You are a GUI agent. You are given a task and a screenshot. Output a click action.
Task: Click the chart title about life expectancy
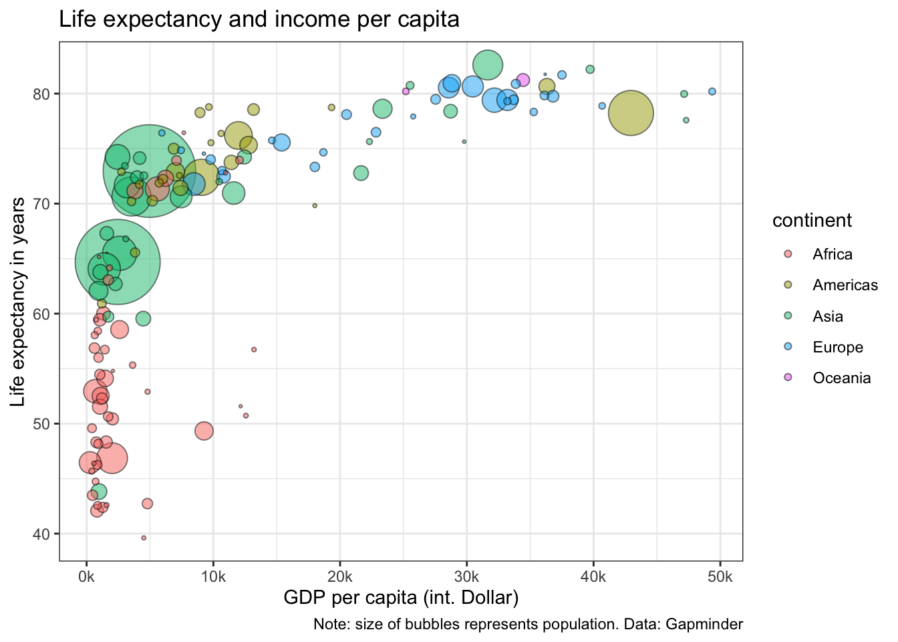point(259,19)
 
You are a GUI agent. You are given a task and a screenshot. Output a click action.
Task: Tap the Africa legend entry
point(832,254)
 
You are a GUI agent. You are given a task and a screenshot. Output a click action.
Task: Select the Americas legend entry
point(845,285)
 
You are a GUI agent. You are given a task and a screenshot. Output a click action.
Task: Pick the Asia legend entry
point(827,316)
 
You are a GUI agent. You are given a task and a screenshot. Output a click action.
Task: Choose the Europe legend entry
point(837,347)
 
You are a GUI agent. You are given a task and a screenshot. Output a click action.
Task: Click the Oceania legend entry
point(841,378)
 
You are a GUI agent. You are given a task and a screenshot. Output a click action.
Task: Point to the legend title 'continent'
point(812,221)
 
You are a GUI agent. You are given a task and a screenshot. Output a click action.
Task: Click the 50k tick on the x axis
point(720,577)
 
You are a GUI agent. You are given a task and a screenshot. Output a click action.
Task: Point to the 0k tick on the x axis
point(86,577)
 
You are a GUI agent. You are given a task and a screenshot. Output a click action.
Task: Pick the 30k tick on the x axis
point(466,577)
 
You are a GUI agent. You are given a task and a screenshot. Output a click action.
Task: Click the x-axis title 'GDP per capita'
point(401,597)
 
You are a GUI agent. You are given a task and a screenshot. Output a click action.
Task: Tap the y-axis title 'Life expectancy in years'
point(19,302)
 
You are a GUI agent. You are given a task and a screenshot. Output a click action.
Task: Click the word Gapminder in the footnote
point(704,625)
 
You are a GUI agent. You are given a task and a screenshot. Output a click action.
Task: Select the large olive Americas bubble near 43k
point(631,113)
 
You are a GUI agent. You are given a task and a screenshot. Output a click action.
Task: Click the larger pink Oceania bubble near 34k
point(523,80)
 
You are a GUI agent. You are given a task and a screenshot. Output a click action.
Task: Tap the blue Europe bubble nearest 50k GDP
point(712,92)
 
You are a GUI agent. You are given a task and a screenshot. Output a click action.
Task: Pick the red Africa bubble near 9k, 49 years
point(204,431)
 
